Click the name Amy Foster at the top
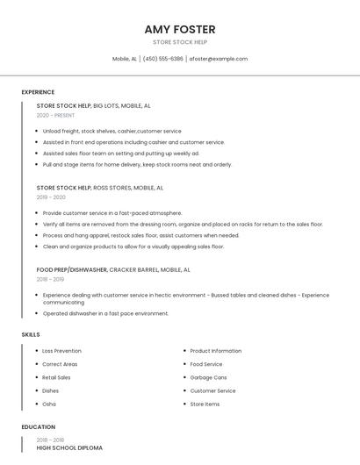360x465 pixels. (180, 29)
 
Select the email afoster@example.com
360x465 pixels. (219, 59)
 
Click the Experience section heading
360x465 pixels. (38, 92)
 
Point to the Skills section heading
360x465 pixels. (31, 334)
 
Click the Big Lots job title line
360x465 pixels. (93, 105)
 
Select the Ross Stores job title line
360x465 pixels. (99, 188)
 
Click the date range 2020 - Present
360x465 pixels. (55, 115)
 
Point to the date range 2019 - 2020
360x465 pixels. (51, 197)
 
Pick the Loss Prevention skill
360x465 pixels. (61, 351)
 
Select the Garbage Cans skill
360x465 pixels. (208, 377)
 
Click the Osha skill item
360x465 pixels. (49, 404)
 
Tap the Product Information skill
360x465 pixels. (215, 351)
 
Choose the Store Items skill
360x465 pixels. (205, 404)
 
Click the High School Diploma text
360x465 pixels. (69, 448)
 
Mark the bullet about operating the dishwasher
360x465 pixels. (105, 313)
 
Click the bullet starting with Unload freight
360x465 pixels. (112, 131)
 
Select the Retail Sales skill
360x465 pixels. (56, 377)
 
